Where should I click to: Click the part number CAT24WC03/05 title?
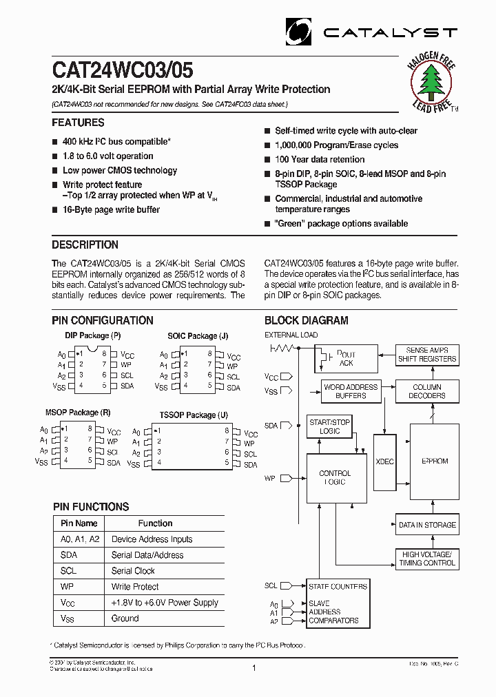click(x=123, y=70)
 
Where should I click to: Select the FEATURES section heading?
click(x=79, y=123)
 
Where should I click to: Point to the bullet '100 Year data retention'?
click(x=320, y=160)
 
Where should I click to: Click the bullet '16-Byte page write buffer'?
click(x=111, y=210)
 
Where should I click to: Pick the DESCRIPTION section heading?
click(x=85, y=245)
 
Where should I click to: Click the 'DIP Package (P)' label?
click(x=93, y=335)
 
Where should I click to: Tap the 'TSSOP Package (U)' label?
click(x=194, y=415)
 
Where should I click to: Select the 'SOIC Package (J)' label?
click(x=198, y=335)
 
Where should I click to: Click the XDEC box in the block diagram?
click(x=385, y=461)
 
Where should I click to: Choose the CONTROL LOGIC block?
click(x=335, y=478)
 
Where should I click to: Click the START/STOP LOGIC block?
click(x=329, y=426)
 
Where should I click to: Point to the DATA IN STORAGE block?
click(x=427, y=525)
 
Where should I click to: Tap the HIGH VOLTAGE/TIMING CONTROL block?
click(x=427, y=559)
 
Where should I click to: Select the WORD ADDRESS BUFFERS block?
click(x=351, y=391)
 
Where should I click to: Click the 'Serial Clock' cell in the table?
click(x=133, y=571)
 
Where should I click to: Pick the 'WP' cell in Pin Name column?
click(x=66, y=587)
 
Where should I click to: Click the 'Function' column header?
click(x=155, y=523)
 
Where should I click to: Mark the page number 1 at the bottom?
click(x=254, y=668)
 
